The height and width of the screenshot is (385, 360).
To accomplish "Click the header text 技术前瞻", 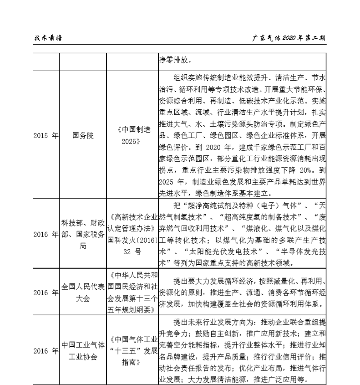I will tap(48, 38).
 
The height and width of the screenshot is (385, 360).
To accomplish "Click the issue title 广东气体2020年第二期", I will tap(289, 38).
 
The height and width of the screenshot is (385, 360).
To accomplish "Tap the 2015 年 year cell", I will tap(46, 135).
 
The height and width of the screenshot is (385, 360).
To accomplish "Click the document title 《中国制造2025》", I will tap(133, 135).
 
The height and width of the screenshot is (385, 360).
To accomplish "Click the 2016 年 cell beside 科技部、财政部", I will tap(46, 234).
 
